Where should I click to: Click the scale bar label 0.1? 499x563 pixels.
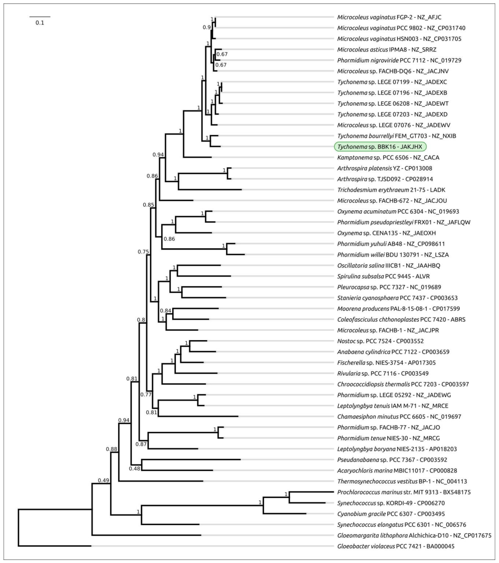pyautogui.click(x=40, y=23)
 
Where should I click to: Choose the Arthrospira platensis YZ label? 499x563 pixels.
pyautogui.click(x=385, y=168)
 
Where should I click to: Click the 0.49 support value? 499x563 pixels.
pyautogui.click(x=103, y=480)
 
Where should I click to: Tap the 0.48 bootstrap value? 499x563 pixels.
pyautogui.click(x=135, y=469)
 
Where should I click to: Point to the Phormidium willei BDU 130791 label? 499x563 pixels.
pyautogui.click(x=393, y=255)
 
